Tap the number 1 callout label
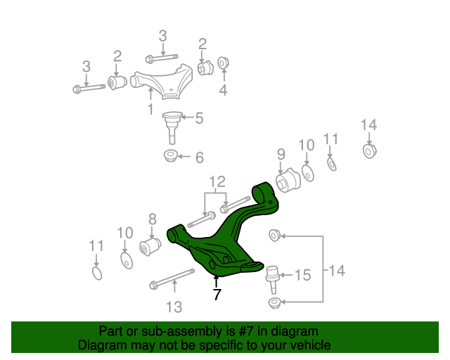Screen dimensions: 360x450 pos(150,109)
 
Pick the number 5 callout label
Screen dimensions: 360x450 pos(199,119)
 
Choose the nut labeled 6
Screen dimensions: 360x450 pos(171,155)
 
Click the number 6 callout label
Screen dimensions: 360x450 pos(199,157)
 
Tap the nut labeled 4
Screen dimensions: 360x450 pos(223,63)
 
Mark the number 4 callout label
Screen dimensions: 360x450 pos(223,90)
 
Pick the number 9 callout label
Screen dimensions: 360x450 pos(281,154)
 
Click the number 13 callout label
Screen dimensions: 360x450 pos(174,307)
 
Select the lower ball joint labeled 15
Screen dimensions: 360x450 pos(273,276)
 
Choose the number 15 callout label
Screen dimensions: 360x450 pos(302,275)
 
